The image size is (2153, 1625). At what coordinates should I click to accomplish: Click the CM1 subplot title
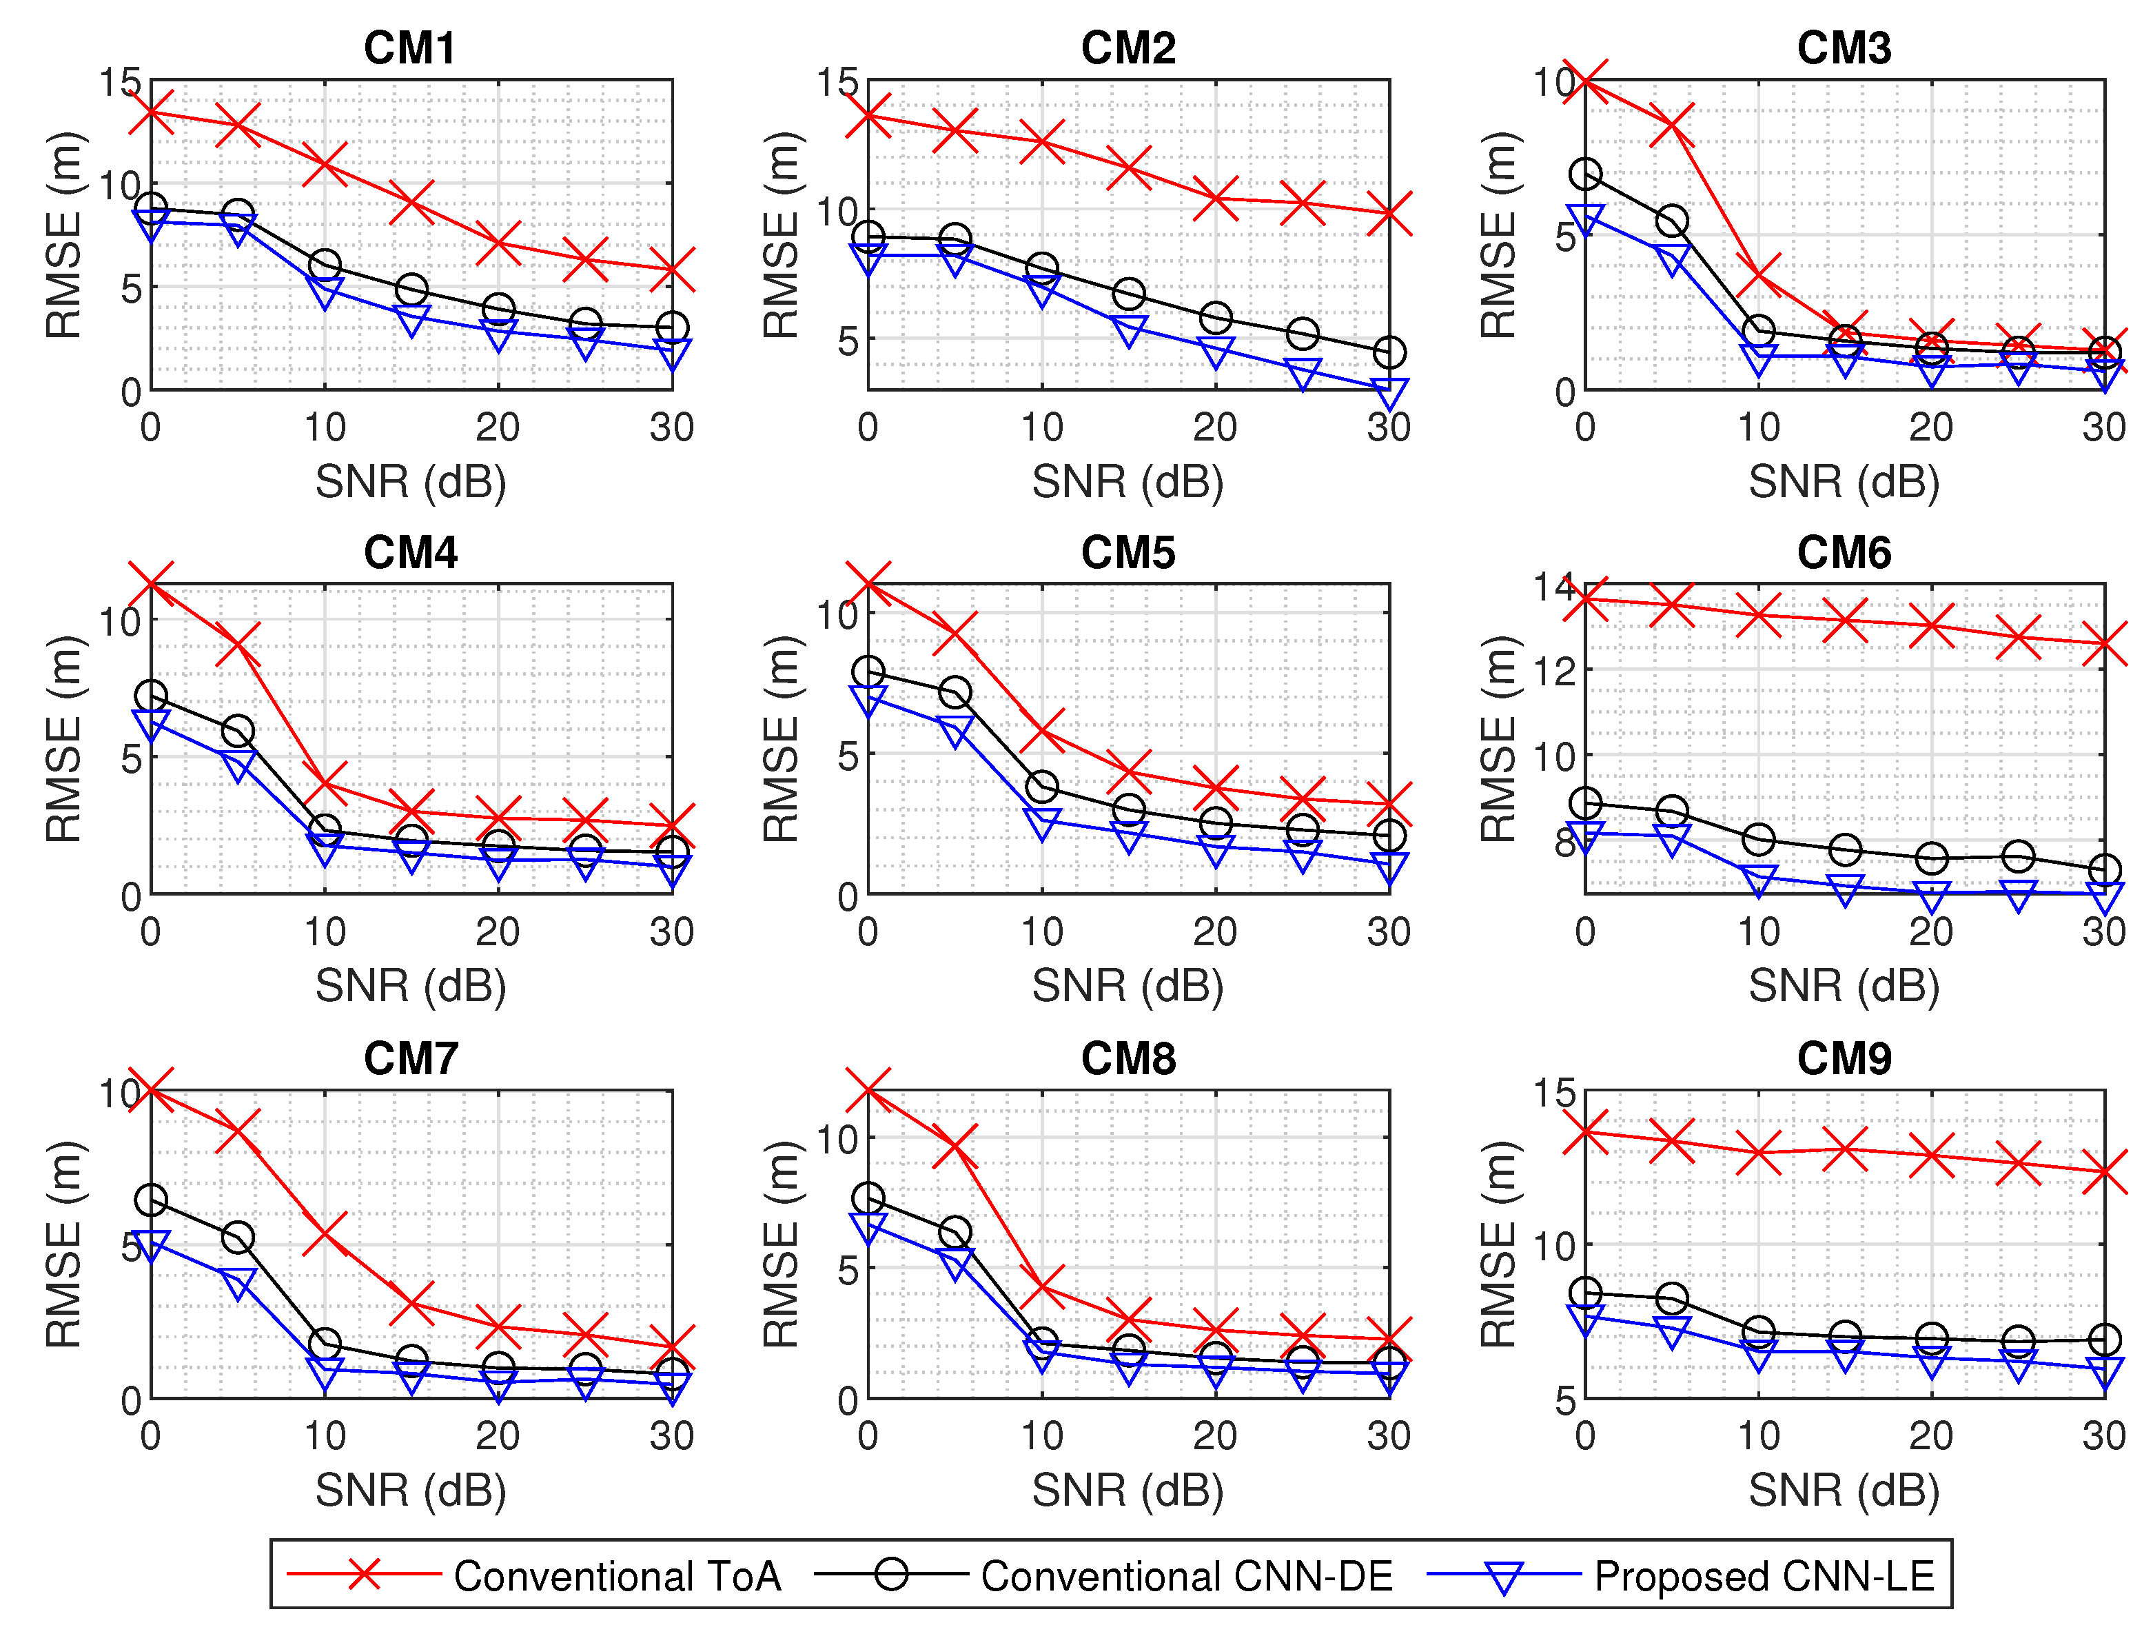(x=410, y=48)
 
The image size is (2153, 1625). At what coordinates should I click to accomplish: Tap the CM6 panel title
(x=1844, y=553)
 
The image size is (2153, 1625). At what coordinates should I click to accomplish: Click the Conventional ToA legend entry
(x=617, y=1576)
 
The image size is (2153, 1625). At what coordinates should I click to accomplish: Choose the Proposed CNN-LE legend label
(x=1764, y=1576)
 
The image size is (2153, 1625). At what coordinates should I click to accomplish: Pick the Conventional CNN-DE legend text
(x=1187, y=1576)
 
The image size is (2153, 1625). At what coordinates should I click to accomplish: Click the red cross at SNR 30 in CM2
(x=1389, y=214)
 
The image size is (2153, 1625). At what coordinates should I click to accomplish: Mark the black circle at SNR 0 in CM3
(x=1586, y=175)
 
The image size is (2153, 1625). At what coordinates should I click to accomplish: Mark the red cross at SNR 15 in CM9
(x=1844, y=1149)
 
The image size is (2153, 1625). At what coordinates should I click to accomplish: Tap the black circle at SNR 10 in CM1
(x=324, y=265)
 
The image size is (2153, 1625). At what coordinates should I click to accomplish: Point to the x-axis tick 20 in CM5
(x=1215, y=931)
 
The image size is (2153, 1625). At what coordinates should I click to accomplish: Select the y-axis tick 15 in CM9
(x=1553, y=1093)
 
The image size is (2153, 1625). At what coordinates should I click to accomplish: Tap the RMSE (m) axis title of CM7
(x=64, y=1244)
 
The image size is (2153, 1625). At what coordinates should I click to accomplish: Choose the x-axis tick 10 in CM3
(x=1758, y=427)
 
